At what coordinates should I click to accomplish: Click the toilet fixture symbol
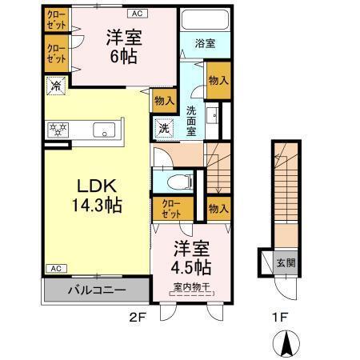[x=181, y=182]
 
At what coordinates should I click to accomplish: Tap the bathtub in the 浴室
[x=205, y=19]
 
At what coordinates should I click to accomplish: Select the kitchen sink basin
[x=104, y=130]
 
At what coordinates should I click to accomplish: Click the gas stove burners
[x=58, y=130]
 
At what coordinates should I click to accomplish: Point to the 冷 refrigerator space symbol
[x=56, y=86]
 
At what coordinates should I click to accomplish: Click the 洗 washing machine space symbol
[x=164, y=128]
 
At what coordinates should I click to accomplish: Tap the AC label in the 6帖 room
[x=138, y=14]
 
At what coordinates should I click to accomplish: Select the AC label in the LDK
[x=56, y=268]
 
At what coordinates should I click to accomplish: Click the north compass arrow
[x=286, y=344]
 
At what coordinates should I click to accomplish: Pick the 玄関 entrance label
[x=286, y=263]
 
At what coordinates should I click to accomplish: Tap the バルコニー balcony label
[x=97, y=290]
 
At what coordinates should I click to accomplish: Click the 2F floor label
[x=138, y=317]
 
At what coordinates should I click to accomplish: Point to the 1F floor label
[x=280, y=317]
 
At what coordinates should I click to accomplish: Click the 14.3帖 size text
[x=97, y=206]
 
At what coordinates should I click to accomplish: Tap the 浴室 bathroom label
[x=205, y=43]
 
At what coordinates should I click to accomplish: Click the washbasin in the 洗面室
[x=213, y=115]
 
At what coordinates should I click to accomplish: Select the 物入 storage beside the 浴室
[x=218, y=80]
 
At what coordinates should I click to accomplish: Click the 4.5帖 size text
[x=191, y=267]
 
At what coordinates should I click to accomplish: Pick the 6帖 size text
[x=124, y=56]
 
